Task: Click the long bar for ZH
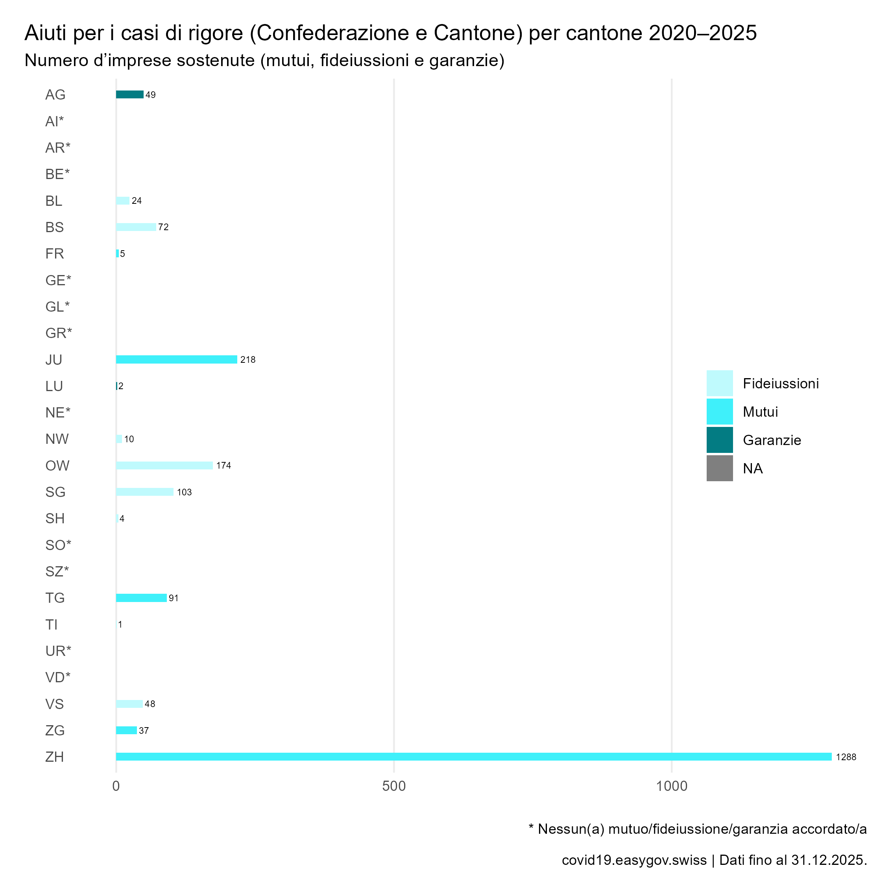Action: (473, 757)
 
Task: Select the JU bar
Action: (176, 360)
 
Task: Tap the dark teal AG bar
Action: (129, 95)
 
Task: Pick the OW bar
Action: (164, 465)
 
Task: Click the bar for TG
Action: (141, 598)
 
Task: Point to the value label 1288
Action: (846, 757)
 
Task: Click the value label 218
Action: (248, 360)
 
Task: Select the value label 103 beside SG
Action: (184, 492)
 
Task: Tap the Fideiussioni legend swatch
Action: (719, 383)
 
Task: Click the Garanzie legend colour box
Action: (719, 440)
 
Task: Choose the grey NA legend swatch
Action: (719, 468)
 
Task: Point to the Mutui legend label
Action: (760, 412)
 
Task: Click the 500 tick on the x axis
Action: (394, 786)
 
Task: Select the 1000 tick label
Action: (672, 786)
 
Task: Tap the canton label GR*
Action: (59, 333)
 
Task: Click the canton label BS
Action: (54, 227)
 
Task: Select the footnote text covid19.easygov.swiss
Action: (634, 860)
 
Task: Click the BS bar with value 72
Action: (136, 227)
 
